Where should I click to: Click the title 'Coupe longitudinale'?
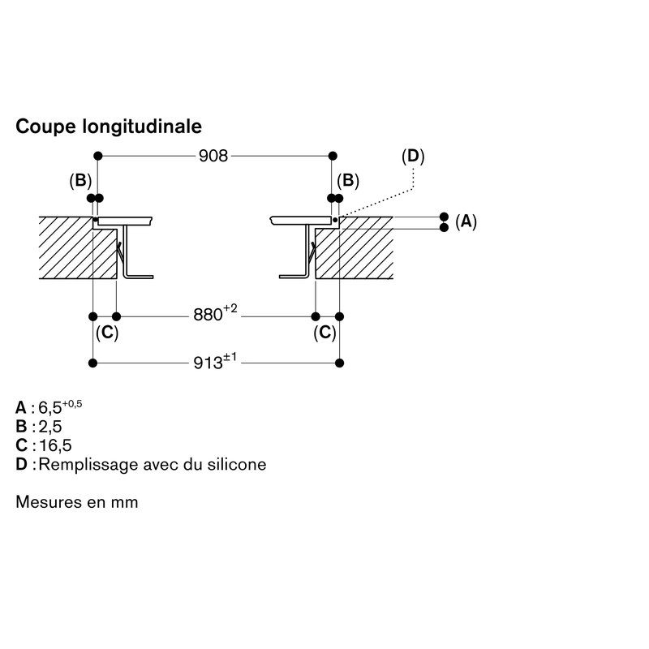pyautogui.click(x=109, y=127)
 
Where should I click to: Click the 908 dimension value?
pyautogui.click(x=213, y=156)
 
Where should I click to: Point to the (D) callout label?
pyautogui.click(x=414, y=156)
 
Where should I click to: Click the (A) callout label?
pyautogui.click(x=466, y=221)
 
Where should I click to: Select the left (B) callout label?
pyautogui.click(x=80, y=181)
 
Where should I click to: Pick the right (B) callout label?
pyautogui.click(x=348, y=181)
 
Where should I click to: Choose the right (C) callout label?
pyautogui.click(x=325, y=333)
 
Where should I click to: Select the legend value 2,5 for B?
pyautogui.click(x=50, y=426)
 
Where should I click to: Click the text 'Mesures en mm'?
pyautogui.click(x=77, y=502)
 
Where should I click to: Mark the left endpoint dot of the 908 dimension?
pyautogui.click(x=97, y=155)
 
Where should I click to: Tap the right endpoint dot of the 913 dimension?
pyautogui.click(x=340, y=362)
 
